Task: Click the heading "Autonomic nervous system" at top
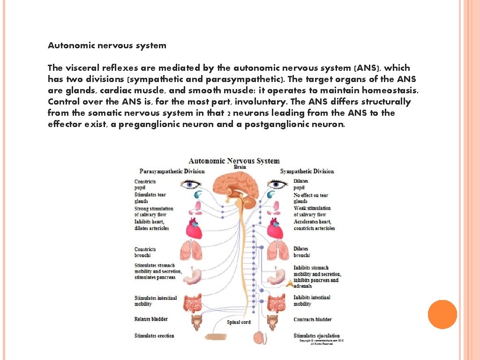click(x=107, y=45)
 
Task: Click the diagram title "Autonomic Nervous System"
click(x=234, y=161)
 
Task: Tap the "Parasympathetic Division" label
click(x=172, y=171)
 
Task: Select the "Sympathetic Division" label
click(x=307, y=171)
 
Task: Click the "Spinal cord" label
click(x=239, y=322)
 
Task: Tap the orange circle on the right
click(x=442, y=314)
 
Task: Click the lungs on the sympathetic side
click(x=277, y=250)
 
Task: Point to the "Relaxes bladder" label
click(x=151, y=319)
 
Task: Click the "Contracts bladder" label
click(x=313, y=320)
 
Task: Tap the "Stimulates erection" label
click(x=154, y=336)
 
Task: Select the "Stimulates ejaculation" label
click(x=316, y=336)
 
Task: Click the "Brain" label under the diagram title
click(x=240, y=167)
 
